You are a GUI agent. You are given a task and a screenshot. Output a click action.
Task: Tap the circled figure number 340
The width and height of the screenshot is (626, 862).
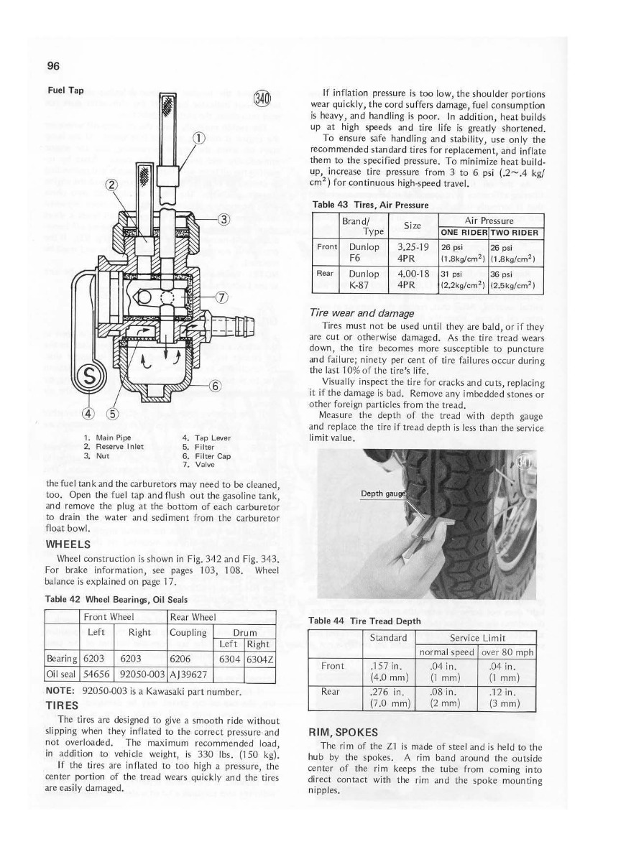point(262,98)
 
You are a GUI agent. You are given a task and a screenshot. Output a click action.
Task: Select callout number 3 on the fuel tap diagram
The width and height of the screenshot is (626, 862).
point(224,220)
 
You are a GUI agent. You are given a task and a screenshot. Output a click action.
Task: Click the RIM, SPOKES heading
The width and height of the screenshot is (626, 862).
point(344,732)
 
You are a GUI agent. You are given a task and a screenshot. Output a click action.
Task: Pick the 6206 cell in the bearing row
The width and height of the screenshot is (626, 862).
point(180,659)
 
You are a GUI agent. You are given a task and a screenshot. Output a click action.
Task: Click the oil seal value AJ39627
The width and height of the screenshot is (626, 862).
point(188,675)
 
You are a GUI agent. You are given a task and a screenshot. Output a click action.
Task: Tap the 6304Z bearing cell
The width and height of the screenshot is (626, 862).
point(261,659)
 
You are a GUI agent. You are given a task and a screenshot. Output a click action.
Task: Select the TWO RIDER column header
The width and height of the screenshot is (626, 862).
point(516,232)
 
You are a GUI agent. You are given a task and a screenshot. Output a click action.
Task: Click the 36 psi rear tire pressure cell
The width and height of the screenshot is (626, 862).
point(516,278)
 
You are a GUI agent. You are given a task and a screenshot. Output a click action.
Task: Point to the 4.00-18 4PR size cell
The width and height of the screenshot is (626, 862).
point(413,278)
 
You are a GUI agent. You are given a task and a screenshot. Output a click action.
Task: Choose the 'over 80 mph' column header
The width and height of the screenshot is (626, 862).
point(507,652)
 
